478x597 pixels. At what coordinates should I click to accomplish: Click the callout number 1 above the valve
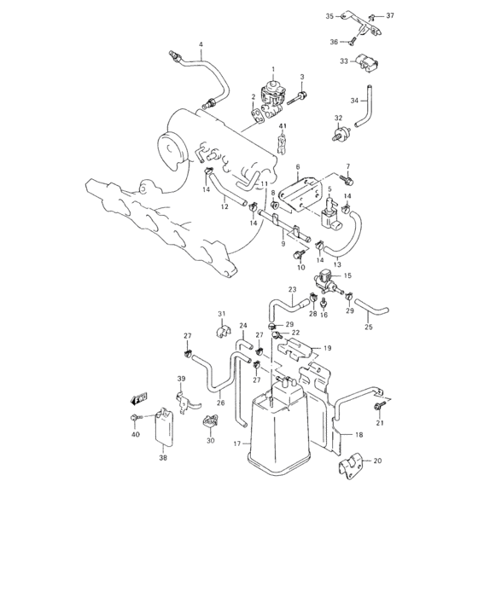point(274,68)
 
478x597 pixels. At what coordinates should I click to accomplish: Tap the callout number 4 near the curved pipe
point(201,44)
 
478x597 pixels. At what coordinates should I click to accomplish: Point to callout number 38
point(163,458)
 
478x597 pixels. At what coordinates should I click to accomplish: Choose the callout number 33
point(343,61)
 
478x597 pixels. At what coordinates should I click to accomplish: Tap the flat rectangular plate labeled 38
point(164,430)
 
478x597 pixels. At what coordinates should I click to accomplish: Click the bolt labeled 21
point(377,408)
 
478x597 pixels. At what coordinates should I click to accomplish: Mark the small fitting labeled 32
point(341,134)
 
